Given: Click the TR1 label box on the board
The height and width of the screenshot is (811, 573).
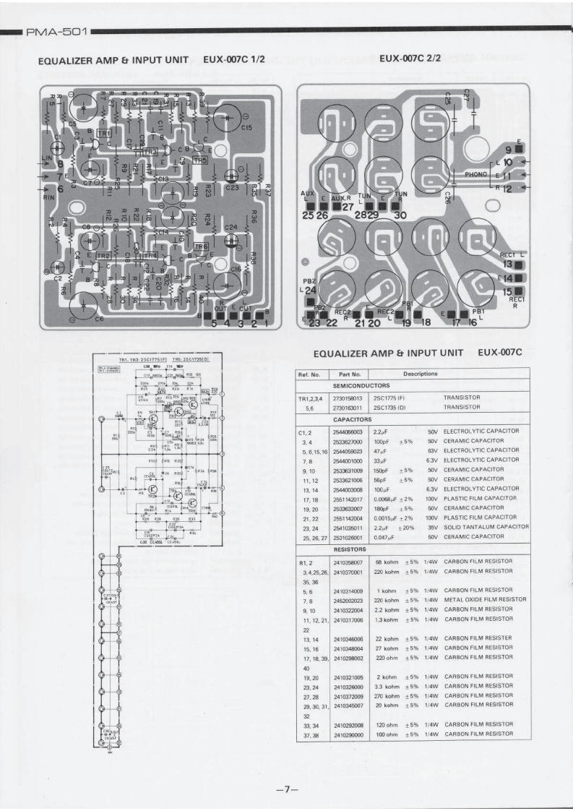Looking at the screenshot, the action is point(103,134).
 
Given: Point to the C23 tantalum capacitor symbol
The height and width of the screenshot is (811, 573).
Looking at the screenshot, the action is point(232,176).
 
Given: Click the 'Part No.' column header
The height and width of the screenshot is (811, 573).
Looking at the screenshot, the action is point(348,374).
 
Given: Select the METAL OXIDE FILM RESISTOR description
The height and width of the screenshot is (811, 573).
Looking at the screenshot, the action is point(485,599).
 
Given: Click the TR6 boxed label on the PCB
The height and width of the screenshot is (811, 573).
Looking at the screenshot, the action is point(202,246).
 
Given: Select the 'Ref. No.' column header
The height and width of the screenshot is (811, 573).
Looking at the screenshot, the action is point(311,374).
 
